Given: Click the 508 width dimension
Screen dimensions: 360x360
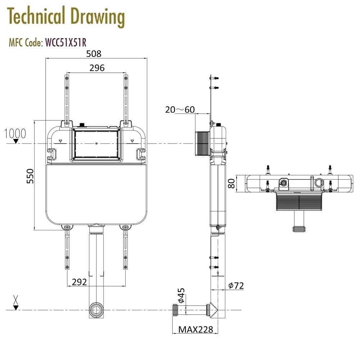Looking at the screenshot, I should (94, 54).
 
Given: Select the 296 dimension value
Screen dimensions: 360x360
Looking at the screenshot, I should (97, 68).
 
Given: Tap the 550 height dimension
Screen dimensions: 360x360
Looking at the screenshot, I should (31, 176).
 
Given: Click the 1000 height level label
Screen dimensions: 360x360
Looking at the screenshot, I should (15, 134).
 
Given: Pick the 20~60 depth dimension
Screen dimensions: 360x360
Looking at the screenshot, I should (180, 109).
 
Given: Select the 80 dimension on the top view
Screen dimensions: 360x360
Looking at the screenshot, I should (231, 184).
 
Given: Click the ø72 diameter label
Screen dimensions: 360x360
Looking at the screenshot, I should (236, 285).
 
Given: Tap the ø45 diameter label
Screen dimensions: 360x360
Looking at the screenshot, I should (181, 295).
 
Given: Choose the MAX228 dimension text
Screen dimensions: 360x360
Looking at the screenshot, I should (196, 329).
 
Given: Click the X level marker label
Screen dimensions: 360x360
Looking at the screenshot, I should (15, 299).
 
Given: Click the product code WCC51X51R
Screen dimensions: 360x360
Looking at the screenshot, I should (66, 42).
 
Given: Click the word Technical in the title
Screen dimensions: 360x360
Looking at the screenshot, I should (36, 17).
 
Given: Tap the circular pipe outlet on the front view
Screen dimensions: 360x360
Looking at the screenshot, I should (96, 310).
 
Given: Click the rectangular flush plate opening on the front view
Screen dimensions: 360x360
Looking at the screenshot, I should (96, 144).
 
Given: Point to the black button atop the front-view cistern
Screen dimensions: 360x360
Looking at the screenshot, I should (82, 125).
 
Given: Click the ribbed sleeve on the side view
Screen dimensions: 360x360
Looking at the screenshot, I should (202, 144).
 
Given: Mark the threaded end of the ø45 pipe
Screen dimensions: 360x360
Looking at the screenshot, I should (176, 309).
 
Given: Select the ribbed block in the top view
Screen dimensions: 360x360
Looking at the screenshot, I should (299, 202).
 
